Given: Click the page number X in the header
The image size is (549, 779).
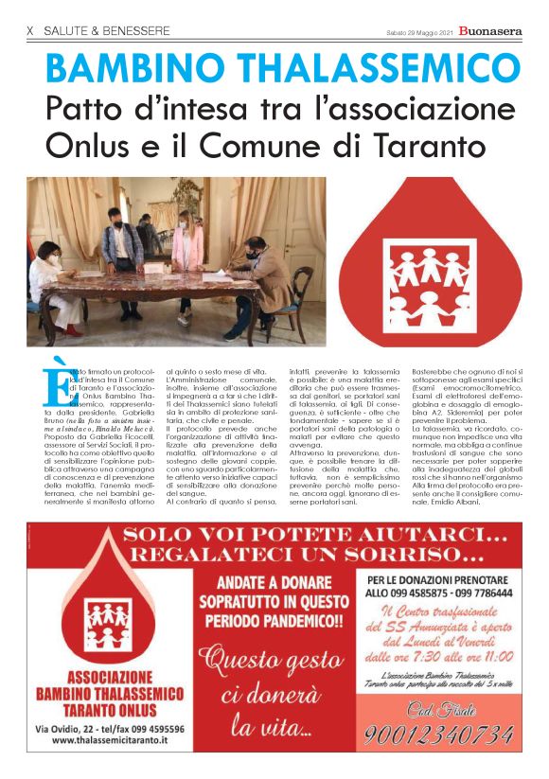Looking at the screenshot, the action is pos(30,31).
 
